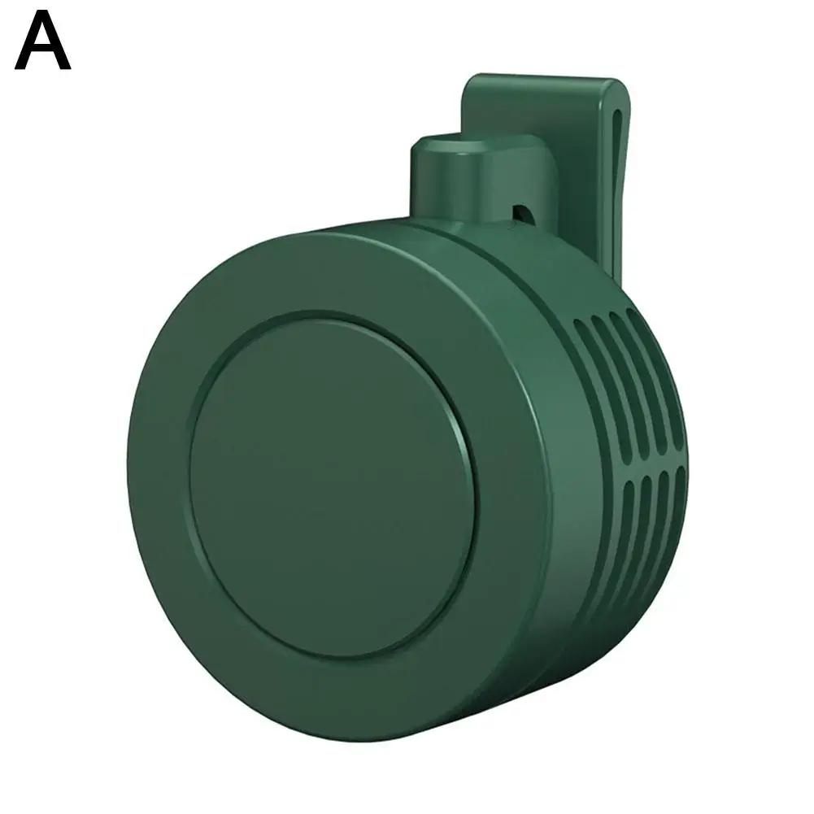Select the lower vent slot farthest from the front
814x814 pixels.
[x=677, y=508]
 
